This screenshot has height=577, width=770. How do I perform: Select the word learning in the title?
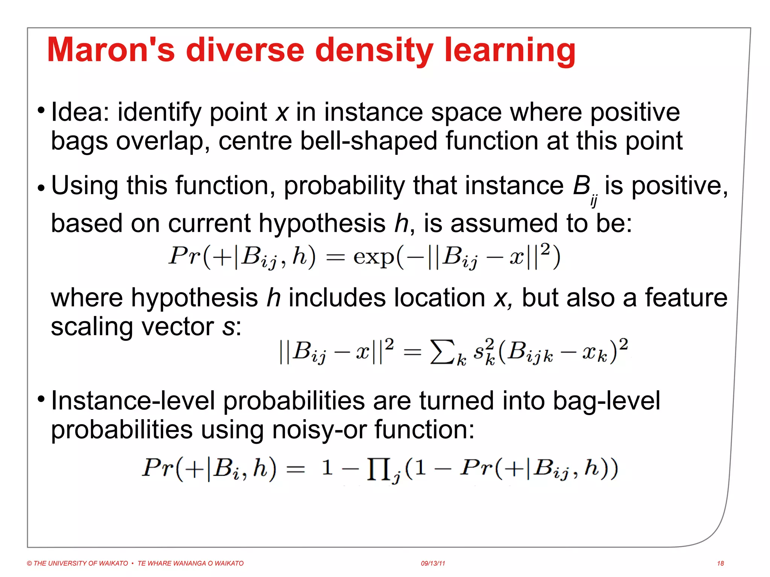click(x=510, y=50)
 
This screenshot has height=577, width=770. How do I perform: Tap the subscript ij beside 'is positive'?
click(x=594, y=201)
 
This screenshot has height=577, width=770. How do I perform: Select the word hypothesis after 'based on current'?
click(x=322, y=224)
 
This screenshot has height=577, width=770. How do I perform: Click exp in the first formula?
click(x=374, y=258)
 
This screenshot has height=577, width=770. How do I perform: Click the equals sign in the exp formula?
click(x=335, y=258)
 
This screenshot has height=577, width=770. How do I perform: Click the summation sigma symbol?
click(x=442, y=352)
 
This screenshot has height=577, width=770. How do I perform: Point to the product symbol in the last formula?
click(x=378, y=470)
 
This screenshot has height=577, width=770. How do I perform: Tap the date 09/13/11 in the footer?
click(x=433, y=563)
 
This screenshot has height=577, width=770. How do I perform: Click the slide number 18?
click(x=720, y=563)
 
